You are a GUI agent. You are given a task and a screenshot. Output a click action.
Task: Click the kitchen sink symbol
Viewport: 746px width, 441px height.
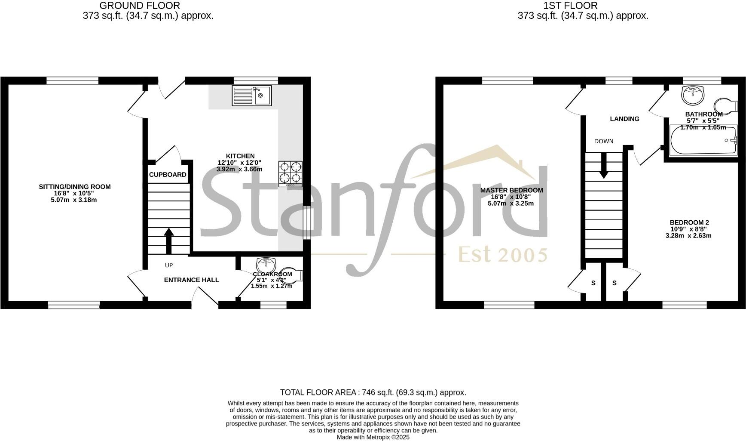251,96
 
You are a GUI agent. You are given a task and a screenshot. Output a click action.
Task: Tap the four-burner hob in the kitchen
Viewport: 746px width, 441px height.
290,173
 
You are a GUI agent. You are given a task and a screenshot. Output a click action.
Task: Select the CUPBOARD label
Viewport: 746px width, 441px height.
168,175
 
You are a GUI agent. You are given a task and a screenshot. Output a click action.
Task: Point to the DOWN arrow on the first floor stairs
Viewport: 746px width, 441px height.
604,166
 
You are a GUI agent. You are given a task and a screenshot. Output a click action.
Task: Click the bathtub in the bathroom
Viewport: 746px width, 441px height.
703,140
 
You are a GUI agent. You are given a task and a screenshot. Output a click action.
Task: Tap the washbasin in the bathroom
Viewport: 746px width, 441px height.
693,94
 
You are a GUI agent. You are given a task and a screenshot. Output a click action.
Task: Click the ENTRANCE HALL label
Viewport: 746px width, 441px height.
192,280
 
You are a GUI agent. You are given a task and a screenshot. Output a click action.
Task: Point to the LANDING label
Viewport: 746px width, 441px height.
625,119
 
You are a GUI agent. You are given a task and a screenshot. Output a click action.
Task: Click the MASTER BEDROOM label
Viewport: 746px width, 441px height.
511,190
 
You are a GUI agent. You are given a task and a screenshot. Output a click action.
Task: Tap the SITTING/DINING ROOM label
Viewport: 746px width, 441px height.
75,187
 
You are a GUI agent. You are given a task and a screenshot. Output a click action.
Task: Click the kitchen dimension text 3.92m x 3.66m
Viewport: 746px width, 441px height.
239,170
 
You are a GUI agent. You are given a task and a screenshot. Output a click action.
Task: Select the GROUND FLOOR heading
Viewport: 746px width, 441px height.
140,6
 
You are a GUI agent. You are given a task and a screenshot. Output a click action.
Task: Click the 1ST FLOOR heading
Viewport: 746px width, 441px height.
570,6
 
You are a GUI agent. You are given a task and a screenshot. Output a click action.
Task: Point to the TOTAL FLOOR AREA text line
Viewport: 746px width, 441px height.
373,392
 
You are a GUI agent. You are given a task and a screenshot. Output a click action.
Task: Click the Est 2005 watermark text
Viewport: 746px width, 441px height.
502,255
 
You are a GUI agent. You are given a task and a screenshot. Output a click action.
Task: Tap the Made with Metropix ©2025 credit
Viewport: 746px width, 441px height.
373,437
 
